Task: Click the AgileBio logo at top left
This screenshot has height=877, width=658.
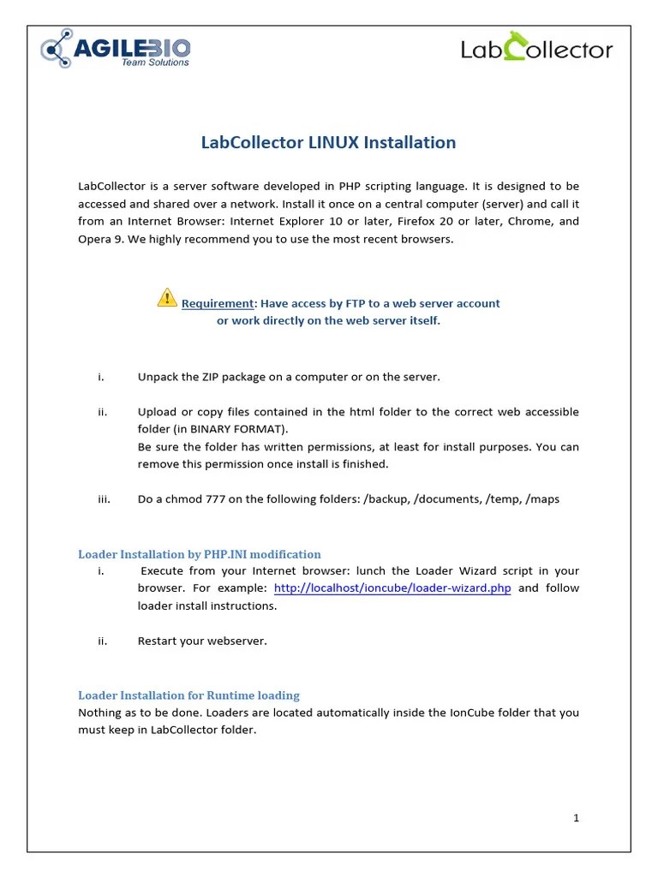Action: point(116,48)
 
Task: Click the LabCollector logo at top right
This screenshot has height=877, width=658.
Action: point(537,48)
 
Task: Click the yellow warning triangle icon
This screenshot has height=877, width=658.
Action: point(167,297)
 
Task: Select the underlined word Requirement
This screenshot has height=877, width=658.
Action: point(218,303)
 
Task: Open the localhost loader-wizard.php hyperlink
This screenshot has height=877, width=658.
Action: point(392,588)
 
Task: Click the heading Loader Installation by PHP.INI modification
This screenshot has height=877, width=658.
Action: point(200,554)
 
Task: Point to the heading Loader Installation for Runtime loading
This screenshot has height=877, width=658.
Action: point(188,695)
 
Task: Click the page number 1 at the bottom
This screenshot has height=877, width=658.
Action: point(577,818)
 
